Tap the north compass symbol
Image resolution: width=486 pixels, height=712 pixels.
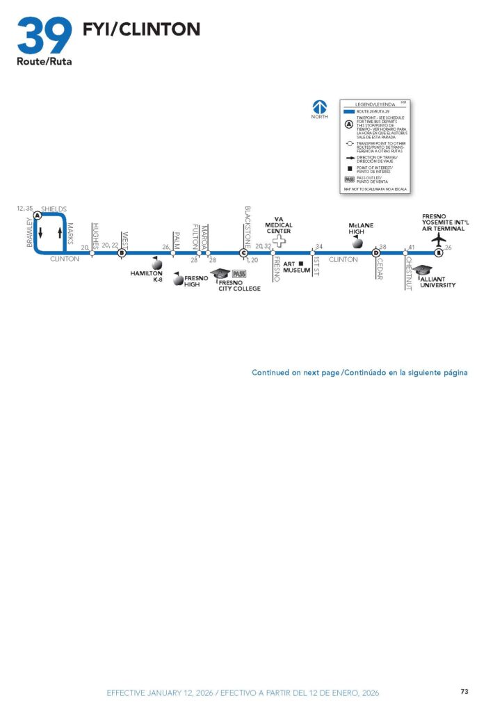(319, 107)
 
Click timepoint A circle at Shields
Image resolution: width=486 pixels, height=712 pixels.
(37, 216)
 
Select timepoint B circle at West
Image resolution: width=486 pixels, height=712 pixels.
(122, 252)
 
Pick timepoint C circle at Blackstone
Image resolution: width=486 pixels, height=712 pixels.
(243, 252)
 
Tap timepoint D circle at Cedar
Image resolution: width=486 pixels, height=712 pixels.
(375, 252)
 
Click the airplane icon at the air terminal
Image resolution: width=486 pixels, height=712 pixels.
(439, 239)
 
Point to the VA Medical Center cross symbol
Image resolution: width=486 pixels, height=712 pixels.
(279, 241)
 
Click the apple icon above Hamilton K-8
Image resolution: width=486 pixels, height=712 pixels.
(156, 263)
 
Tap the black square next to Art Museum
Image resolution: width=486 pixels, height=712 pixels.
(301, 264)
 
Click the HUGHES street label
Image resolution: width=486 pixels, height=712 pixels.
(95, 236)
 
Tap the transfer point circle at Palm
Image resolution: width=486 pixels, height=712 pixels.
(173, 253)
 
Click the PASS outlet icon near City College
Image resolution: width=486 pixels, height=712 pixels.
(239, 273)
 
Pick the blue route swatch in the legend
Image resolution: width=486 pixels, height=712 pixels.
(350, 111)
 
